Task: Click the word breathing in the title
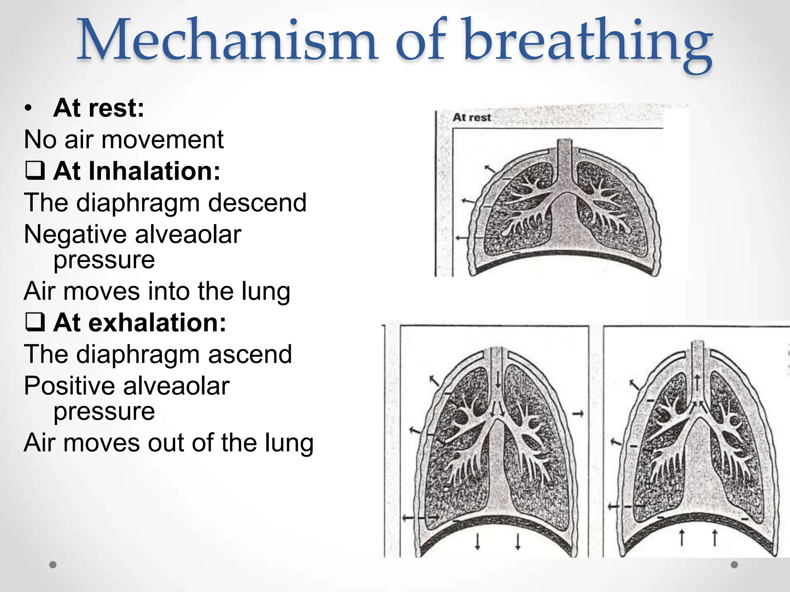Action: pyautogui.click(x=586, y=42)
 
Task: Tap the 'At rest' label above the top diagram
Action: pyautogui.click(x=471, y=117)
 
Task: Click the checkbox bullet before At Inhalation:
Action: pyautogui.click(x=35, y=171)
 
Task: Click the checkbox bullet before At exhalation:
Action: pyautogui.click(x=35, y=322)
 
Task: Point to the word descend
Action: pyautogui.click(x=257, y=203)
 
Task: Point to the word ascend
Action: pyautogui.click(x=250, y=354)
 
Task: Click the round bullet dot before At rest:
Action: pyautogui.click(x=28, y=109)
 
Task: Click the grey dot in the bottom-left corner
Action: pyautogui.click(x=53, y=565)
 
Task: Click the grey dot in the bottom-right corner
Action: pyautogui.click(x=734, y=565)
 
